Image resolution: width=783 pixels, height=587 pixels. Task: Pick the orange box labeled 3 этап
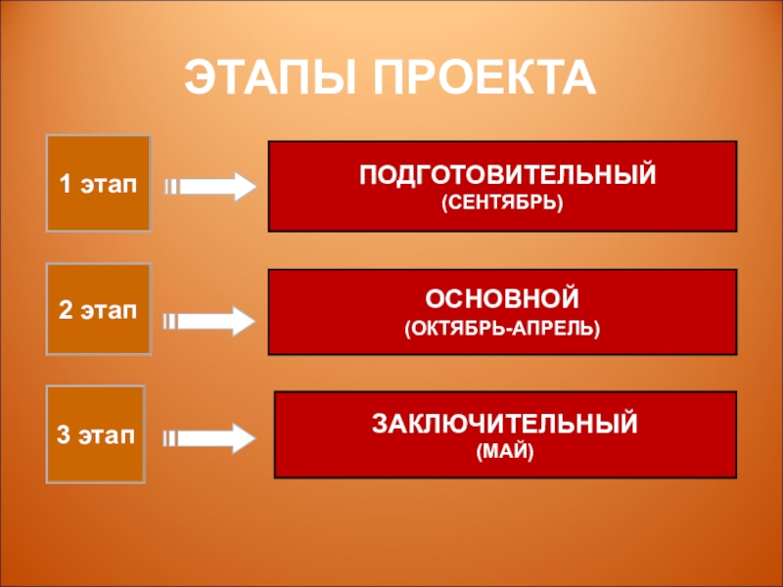click(x=96, y=434)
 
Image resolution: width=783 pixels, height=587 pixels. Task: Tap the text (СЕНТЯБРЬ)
click(x=503, y=203)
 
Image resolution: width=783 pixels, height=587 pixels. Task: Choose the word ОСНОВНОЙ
click(x=503, y=296)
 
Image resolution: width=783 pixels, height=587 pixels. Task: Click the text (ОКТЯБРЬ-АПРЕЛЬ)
click(x=503, y=323)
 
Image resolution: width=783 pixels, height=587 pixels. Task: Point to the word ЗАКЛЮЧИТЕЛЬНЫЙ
click(x=504, y=425)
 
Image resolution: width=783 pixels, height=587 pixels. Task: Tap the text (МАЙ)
click(x=504, y=452)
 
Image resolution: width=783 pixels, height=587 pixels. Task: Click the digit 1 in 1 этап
click(x=65, y=184)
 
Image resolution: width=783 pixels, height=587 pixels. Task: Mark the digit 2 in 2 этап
click(x=65, y=311)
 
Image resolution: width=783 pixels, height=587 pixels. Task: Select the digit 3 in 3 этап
click(x=63, y=434)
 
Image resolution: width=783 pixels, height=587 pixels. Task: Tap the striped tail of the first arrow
click(x=170, y=186)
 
